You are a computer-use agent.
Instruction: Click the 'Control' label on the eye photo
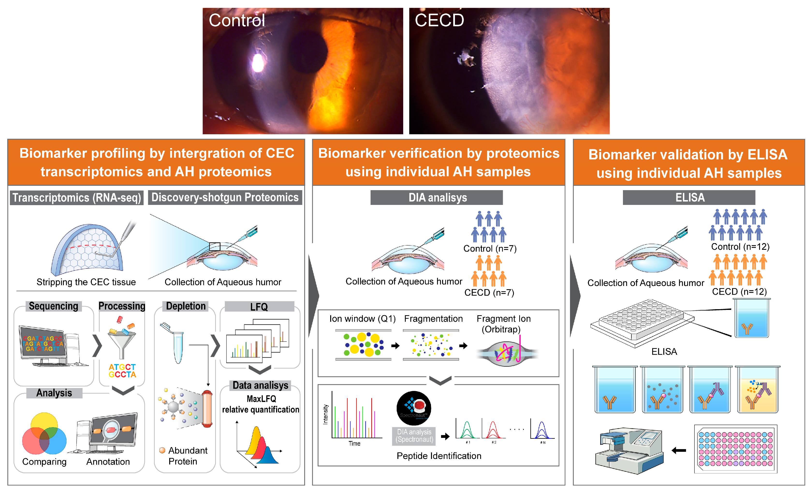coord(237,20)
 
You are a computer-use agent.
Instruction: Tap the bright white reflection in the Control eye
coord(258,63)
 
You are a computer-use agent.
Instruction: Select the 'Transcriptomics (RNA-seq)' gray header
coord(77,198)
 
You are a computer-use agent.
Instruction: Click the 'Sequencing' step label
coord(53,306)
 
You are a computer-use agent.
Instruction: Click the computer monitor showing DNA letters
coord(43,344)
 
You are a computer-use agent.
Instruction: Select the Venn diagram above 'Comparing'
coord(44,434)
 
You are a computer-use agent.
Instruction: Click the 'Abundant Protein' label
coord(188,456)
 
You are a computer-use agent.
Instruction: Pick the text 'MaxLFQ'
coord(261,399)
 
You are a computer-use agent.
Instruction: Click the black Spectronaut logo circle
coord(414,408)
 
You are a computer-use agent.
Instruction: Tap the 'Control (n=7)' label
coord(490,249)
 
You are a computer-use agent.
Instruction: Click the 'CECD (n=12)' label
coord(739,292)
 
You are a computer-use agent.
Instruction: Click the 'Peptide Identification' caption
coord(439,456)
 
